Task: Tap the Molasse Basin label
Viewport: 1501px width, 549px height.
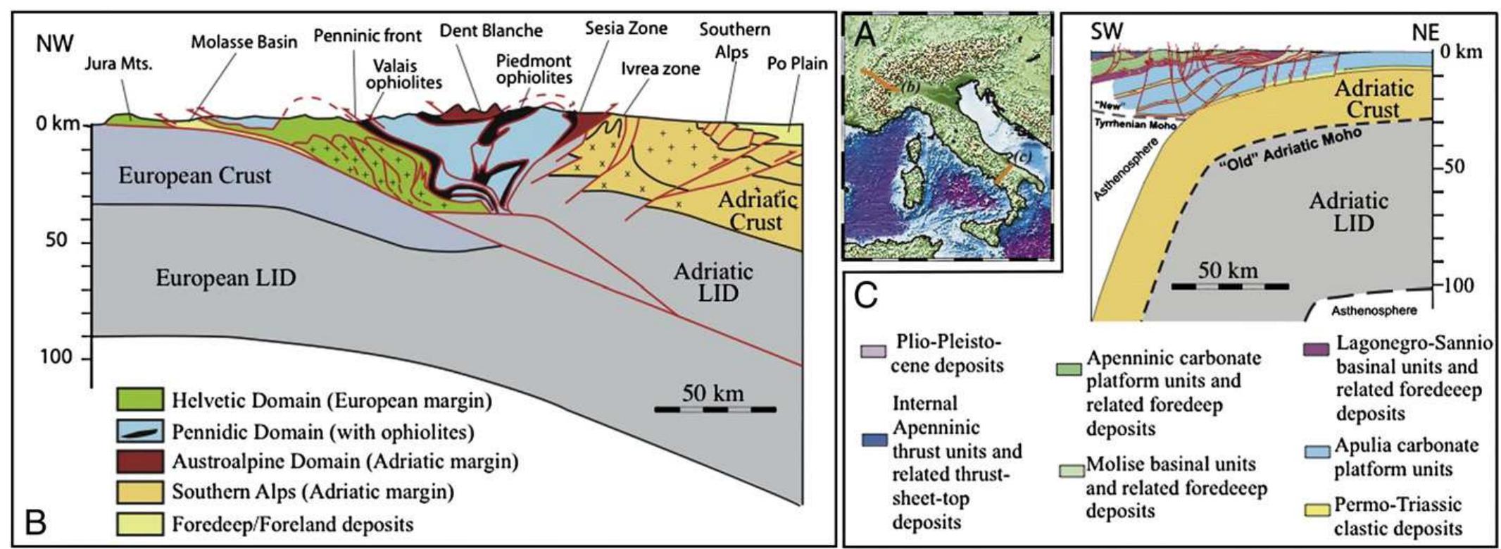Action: coord(244,42)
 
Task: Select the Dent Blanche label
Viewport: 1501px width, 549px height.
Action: coord(491,31)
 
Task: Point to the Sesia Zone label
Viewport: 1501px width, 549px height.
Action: coord(626,28)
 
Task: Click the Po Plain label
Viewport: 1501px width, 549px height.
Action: coord(797,63)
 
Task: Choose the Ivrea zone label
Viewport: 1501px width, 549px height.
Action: coord(660,68)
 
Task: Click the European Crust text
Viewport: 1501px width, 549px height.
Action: coord(194,175)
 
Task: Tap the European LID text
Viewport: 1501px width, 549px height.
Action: coord(225,278)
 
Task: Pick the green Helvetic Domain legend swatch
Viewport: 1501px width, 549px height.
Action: coord(140,400)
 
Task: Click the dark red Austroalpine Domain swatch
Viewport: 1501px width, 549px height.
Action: coord(140,462)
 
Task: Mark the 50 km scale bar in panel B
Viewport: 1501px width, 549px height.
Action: coord(715,409)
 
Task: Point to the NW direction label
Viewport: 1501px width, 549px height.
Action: coord(55,44)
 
